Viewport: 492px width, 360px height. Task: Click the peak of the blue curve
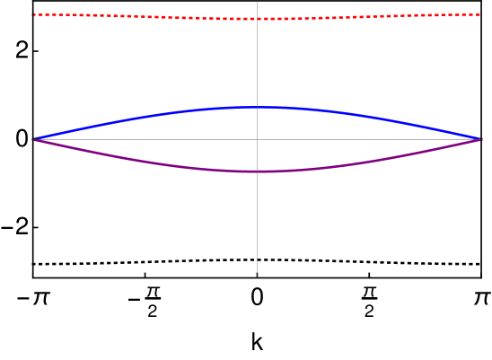(258, 107)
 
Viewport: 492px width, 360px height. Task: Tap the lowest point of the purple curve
(258, 171)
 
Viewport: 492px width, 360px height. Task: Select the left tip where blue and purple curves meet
(33, 139)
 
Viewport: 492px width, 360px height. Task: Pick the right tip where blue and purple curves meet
(482, 139)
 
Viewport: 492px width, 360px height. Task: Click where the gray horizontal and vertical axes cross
(258, 139)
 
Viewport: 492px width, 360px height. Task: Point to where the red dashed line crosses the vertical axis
(258, 19)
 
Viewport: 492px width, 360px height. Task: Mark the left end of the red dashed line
(33, 14)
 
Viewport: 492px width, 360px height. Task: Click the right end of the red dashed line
(481, 14)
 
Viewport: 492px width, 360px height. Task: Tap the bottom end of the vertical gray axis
(258, 276)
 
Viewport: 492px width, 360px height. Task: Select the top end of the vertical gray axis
(258, 2)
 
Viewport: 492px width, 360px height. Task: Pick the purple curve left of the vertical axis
(144, 162)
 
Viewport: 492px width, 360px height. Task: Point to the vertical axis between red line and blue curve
(258, 63)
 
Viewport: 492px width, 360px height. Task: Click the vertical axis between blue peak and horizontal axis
(258, 123)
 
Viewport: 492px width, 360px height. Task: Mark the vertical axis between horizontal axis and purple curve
(258, 155)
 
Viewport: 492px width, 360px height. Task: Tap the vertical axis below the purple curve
(258, 224)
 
